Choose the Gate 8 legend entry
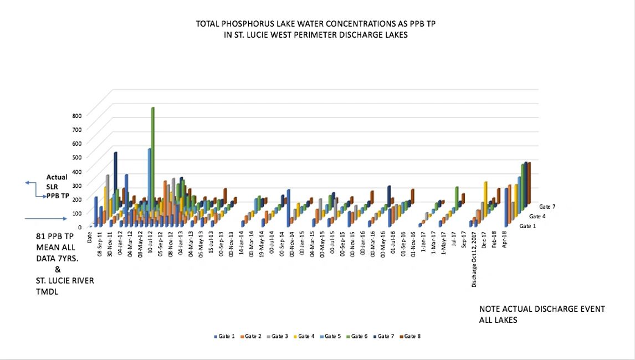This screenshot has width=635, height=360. [x=413, y=336]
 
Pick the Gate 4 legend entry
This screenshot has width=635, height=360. [x=306, y=336]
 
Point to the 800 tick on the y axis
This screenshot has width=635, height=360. [x=76, y=115]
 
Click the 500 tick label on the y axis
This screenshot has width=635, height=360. [x=76, y=157]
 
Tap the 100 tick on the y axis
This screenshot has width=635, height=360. [x=76, y=213]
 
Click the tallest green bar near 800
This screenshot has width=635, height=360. [x=152, y=138]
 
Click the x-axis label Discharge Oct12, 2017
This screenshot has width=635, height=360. [x=474, y=260]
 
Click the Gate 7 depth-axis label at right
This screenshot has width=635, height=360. [x=546, y=207]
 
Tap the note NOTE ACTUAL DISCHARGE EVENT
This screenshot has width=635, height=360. [x=542, y=309]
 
